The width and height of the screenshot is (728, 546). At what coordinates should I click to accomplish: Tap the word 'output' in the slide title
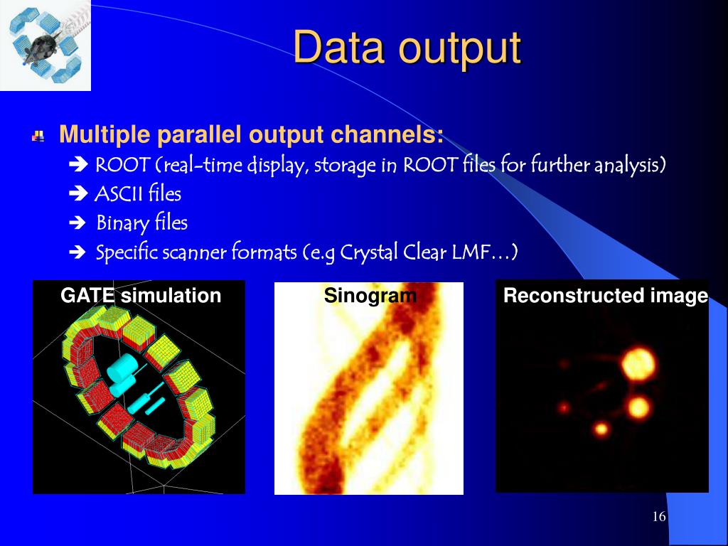coord(460,49)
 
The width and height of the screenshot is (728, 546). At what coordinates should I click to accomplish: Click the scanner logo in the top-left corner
coord(45,45)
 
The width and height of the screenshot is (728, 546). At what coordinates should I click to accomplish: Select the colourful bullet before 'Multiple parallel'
coord(38,136)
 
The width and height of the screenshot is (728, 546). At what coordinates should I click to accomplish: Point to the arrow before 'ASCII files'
coord(78,193)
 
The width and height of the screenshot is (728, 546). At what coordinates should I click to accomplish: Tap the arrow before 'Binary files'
coord(77,223)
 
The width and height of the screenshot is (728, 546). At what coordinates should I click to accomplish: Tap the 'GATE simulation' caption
coord(141,296)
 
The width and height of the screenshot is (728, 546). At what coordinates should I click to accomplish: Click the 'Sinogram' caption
coord(370,295)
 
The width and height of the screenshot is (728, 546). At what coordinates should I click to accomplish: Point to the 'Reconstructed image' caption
coord(606,295)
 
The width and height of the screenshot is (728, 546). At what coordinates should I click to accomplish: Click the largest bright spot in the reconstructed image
coord(639,363)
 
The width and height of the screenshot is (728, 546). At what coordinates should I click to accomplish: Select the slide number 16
coord(659,516)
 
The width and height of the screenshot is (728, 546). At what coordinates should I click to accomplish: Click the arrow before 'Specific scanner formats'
coord(77,252)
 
